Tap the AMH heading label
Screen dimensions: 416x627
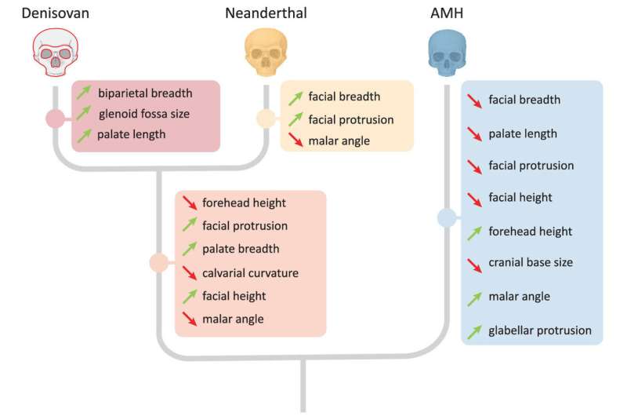(x=448, y=13)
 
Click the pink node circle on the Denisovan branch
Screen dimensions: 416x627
(x=54, y=119)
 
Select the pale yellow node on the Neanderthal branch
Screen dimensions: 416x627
(x=266, y=119)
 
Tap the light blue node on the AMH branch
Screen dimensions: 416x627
(x=447, y=219)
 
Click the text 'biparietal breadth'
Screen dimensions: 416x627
(x=143, y=93)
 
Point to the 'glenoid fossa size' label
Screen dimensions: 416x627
(x=143, y=114)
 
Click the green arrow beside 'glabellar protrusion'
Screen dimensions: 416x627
(x=474, y=331)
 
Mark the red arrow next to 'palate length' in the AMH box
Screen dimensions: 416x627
(x=474, y=133)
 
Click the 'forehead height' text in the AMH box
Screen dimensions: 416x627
(x=530, y=232)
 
